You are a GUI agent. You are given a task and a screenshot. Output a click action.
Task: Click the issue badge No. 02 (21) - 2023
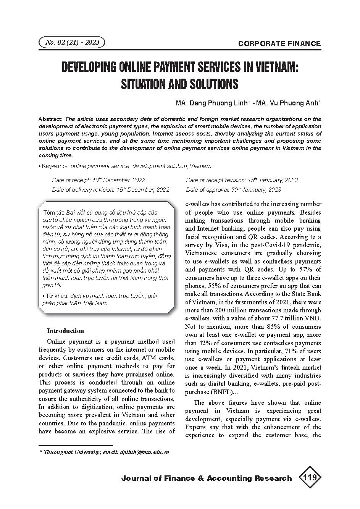[x=72, y=42]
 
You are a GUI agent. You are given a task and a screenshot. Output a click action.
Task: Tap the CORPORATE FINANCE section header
[x=279, y=44]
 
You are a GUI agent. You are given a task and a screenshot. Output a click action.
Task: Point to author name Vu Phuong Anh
[x=293, y=103]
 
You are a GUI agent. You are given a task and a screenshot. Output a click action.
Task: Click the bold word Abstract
[x=51, y=119]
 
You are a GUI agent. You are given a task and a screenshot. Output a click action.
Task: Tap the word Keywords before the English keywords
[x=55, y=166]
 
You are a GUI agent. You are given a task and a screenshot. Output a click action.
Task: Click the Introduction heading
[x=65, y=331]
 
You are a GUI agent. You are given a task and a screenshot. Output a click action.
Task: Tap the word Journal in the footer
[x=136, y=478]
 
